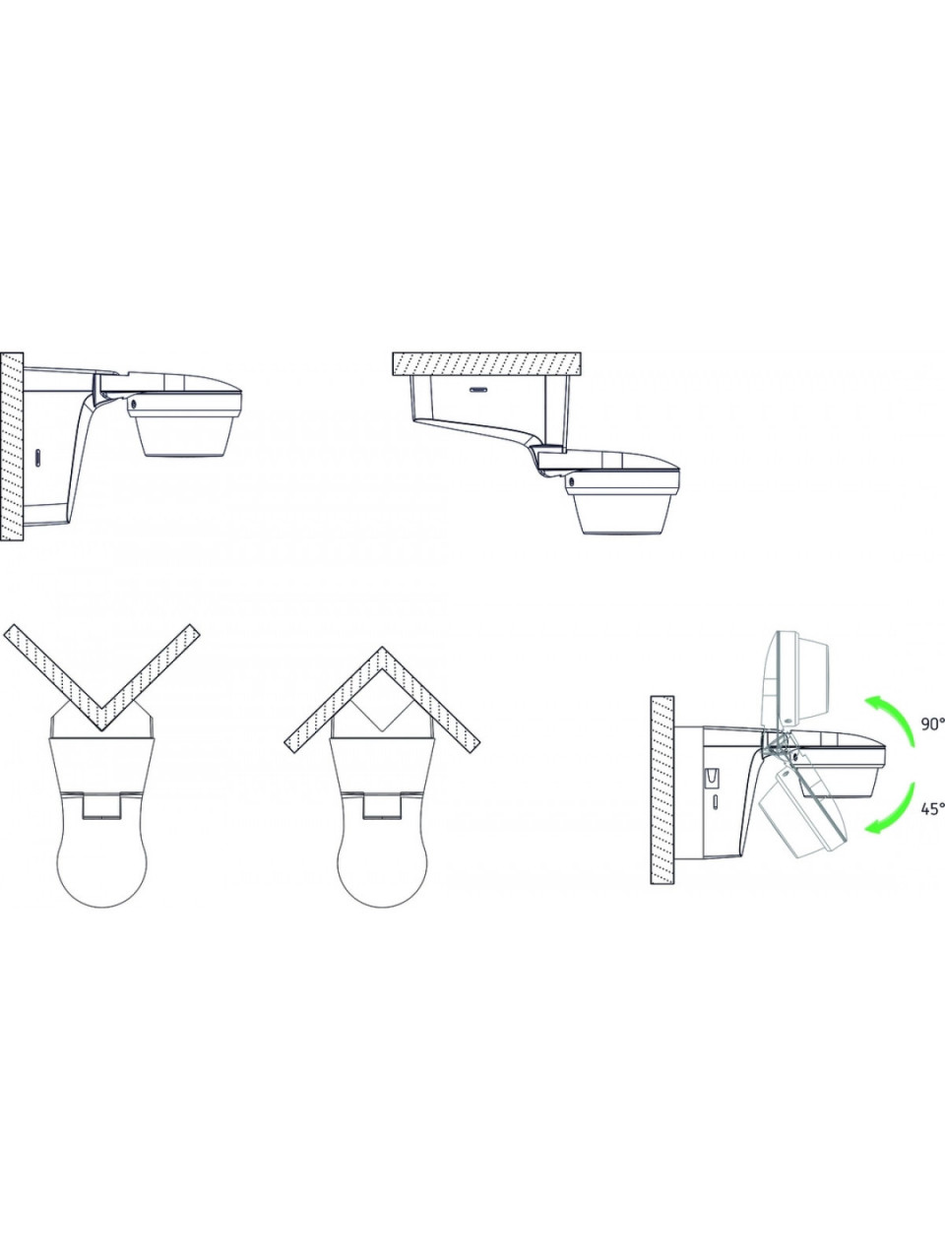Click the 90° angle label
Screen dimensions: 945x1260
pos(933,724)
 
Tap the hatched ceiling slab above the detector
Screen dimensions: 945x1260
pos(487,364)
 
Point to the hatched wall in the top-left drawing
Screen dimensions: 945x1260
pos(12,448)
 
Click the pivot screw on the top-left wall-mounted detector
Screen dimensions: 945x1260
pos(134,405)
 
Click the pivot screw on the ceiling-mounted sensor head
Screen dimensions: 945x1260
pos(572,480)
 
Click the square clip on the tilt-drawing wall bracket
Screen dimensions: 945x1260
pos(711,778)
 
